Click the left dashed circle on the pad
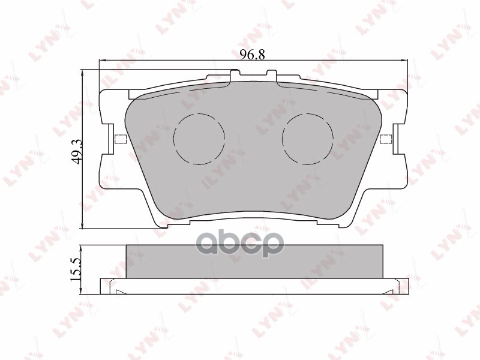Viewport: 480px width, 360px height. pyautogui.click(x=199, y=139)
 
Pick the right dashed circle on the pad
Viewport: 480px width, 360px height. pyautogui.click(x=307, y=139)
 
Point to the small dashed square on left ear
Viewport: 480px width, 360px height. pyautogui.click(x=119, y=140)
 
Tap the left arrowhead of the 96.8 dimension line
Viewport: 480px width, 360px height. pyautogui.click(x=102, y=61)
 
